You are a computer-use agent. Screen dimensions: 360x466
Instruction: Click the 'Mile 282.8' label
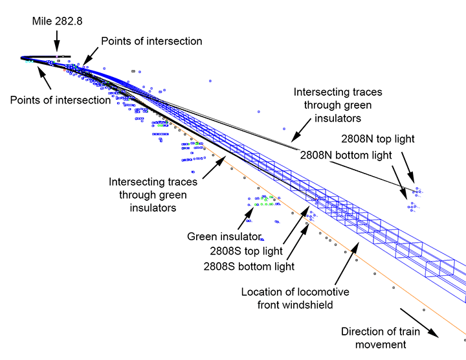(56, 21)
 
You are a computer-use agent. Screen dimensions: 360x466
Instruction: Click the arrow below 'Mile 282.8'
(57, 42)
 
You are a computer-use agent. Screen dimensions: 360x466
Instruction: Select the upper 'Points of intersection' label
(151, 41)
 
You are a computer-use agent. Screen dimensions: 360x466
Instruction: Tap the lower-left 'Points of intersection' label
(61, 100)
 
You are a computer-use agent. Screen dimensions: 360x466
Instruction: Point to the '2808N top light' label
(378, 139)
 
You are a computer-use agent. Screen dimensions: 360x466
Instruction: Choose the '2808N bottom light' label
(346, 155)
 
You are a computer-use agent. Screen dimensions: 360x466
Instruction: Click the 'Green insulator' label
(224, 236)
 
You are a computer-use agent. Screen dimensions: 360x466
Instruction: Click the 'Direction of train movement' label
(381, 338)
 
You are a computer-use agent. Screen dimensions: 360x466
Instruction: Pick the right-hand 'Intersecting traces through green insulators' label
(337, 105)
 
